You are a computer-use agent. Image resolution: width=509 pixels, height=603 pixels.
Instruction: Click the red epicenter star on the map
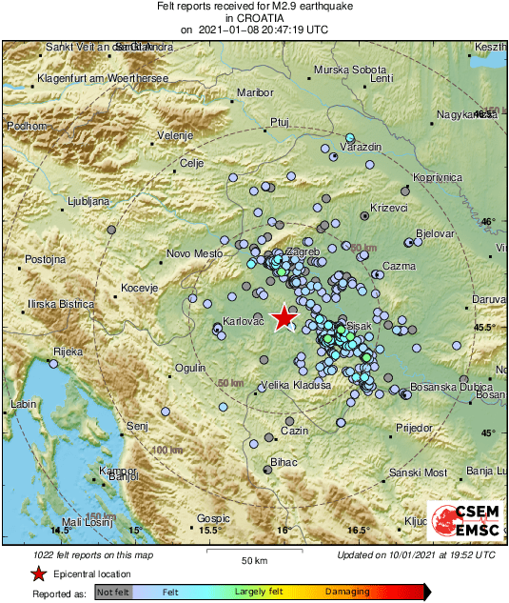[284, 318]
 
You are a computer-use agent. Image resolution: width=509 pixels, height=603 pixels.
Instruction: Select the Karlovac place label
[243, 322]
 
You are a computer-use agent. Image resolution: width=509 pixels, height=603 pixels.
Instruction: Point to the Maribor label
[255, 92]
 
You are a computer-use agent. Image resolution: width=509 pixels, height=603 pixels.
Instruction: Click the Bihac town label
[284, 462]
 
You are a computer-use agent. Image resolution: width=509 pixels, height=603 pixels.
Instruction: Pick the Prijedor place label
[412, 429]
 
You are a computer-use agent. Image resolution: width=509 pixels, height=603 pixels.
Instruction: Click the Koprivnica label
[438, 178]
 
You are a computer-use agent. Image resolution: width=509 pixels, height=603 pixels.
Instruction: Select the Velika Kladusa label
[296, 385]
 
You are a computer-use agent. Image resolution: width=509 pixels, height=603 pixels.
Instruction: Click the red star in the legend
[38, 573]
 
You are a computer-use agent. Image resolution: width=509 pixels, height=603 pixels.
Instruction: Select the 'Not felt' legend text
[113, 592]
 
